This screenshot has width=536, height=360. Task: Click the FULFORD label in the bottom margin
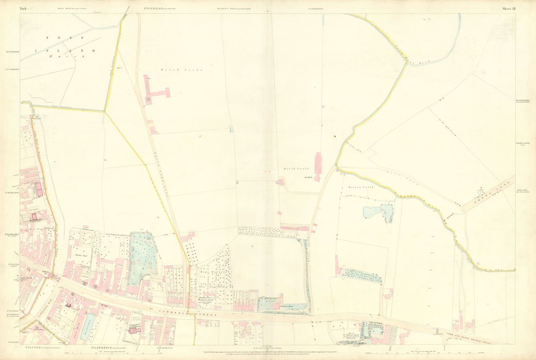click(x=29, y=346)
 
